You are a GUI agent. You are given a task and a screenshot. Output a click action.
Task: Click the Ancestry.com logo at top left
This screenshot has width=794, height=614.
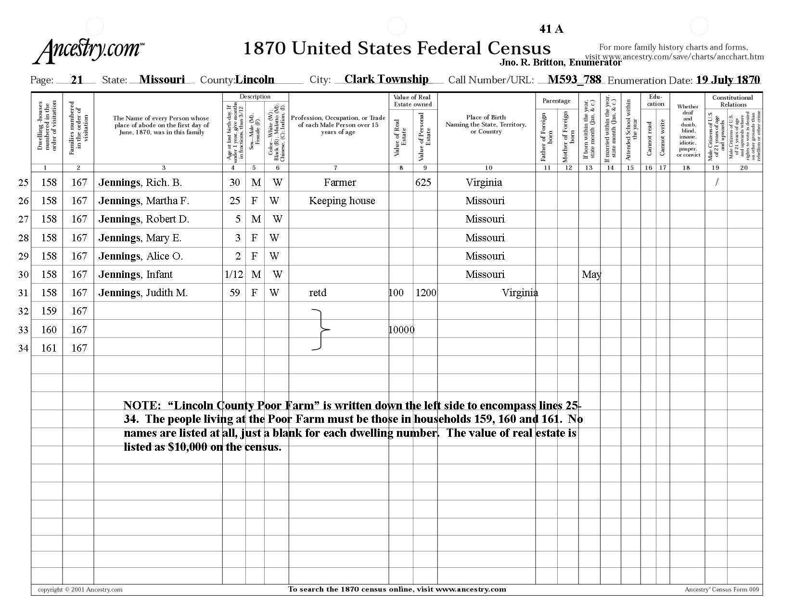click(89, 51)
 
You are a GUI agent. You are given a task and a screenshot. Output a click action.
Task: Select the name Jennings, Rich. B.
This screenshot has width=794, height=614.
click(140, 183)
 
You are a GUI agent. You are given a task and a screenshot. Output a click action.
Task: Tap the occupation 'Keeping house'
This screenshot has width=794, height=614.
click(342, 201)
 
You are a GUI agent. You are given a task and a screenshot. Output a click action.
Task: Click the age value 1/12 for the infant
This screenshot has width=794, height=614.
click(234, 274)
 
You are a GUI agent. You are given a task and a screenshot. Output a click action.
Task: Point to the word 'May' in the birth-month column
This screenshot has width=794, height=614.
click(591, 274)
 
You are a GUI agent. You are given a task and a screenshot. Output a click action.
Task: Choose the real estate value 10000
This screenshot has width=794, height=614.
click(401, 330)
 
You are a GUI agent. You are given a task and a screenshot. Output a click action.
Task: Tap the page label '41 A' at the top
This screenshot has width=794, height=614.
click(551, 29)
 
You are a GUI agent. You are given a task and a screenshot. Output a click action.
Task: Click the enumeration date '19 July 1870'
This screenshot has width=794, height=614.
click(728, 80)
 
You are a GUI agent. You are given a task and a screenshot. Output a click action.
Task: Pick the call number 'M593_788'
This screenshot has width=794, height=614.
click(574, 79)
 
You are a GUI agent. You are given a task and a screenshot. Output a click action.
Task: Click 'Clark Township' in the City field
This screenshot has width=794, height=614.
click(386, 79)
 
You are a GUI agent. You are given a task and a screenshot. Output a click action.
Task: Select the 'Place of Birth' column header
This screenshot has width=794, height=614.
click(486, 124)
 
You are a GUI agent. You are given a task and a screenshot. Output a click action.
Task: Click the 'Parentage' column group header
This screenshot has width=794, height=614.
click(556, 101)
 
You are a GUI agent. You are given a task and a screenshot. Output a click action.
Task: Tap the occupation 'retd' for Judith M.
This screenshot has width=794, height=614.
click(318, 293)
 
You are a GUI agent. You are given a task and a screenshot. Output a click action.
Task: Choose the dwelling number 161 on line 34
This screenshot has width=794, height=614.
click(49, 348)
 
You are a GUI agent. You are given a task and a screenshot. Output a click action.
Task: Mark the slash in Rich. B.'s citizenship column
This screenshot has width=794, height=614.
click(717, 183)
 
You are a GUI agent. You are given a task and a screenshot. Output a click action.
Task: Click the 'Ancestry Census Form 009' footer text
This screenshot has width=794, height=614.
click(721, 589)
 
